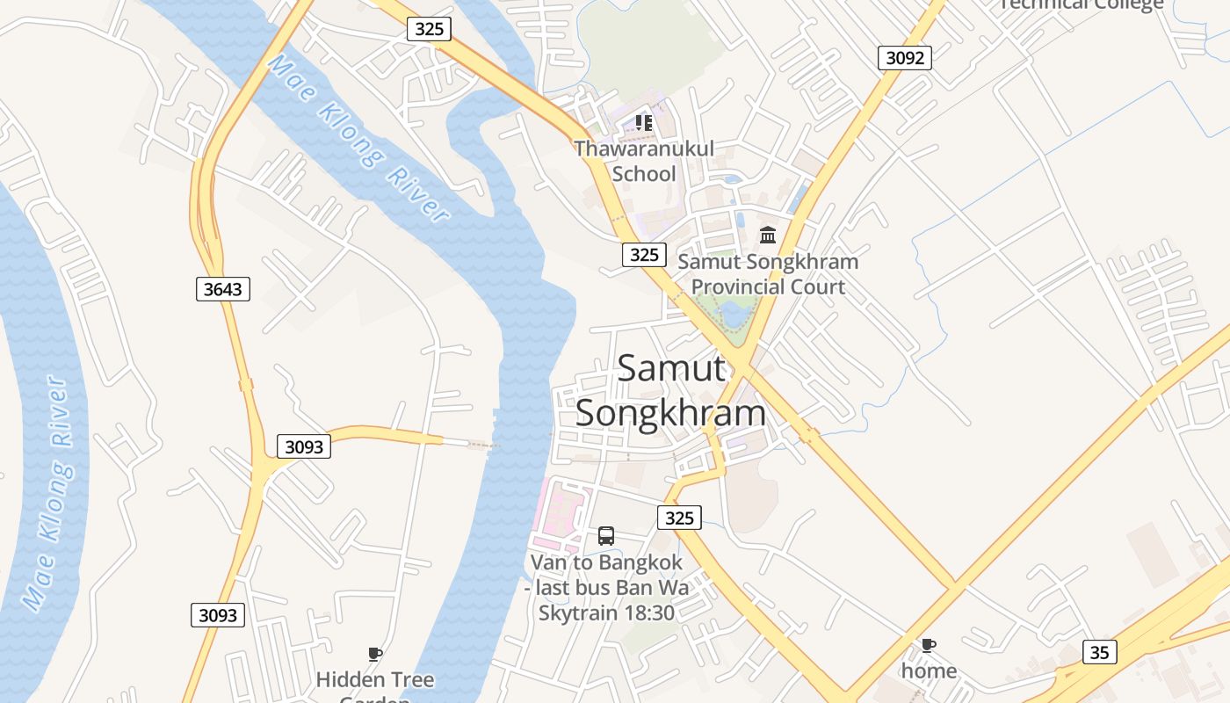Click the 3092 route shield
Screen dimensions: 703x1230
[904, 58]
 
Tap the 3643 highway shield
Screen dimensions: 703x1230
[222, 288]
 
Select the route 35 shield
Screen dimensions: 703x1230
[1099, 652]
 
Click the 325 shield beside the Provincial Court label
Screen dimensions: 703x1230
[644, 255]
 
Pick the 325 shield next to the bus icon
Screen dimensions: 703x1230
[679, 518]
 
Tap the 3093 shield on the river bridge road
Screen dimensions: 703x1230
[304, 446]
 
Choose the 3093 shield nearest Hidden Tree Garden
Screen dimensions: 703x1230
[217, 615]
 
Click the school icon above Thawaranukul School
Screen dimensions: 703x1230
[644, 123]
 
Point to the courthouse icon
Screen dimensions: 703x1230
[768, 235]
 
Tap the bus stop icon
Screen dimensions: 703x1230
[606, 535]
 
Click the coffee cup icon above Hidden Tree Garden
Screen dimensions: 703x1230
[375, 654]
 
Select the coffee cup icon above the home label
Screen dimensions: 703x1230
[928, 646]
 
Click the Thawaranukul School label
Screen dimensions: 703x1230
[644, 161]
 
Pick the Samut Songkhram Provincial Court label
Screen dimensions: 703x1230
[768, 274]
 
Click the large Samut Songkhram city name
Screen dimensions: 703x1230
[670, 390]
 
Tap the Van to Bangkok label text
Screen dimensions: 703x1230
[606, 587]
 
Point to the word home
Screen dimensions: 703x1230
[929, 671]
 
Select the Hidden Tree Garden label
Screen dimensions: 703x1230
[375, 685]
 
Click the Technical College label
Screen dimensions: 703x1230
[1082, 4]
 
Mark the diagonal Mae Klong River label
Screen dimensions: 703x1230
[359, 138]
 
